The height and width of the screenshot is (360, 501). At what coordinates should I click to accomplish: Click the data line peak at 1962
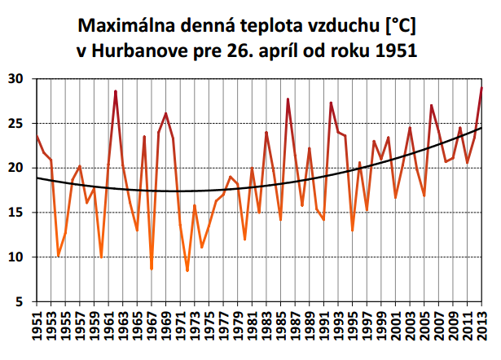click(x=116, y=91)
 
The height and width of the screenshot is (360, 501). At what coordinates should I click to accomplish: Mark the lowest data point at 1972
click(x=187, y=270)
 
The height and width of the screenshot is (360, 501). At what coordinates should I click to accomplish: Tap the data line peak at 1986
click(x=288, y=99)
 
